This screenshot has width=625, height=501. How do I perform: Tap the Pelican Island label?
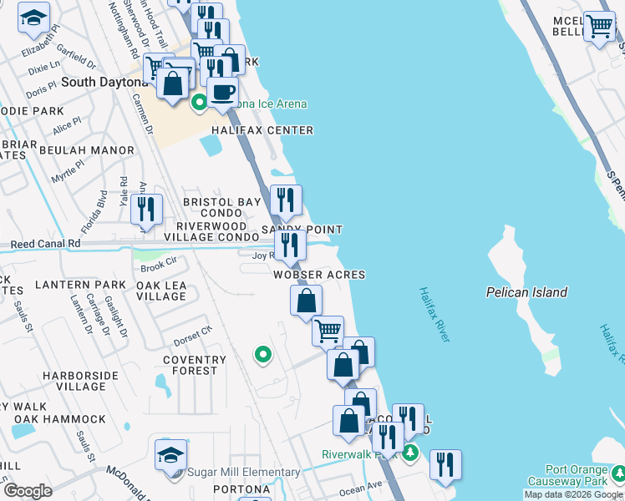click(526, 292)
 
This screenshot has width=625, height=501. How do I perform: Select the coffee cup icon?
click(222, 92)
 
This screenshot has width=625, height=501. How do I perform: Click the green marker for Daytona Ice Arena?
click(199, 104)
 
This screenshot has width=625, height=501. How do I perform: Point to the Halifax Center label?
click(262, 130)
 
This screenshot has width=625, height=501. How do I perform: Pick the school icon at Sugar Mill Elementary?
click(170, 455)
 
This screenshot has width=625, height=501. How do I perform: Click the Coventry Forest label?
click(195, 366)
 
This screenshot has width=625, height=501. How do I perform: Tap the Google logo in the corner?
click(27, 490)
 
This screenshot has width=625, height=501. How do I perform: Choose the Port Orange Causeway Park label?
click(577, 475)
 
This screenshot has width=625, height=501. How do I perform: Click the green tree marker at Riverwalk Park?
click(409, 453)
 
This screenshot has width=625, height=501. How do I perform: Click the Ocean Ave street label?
click(360, 485)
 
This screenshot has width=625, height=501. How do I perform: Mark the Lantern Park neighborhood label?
click(74, 285)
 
